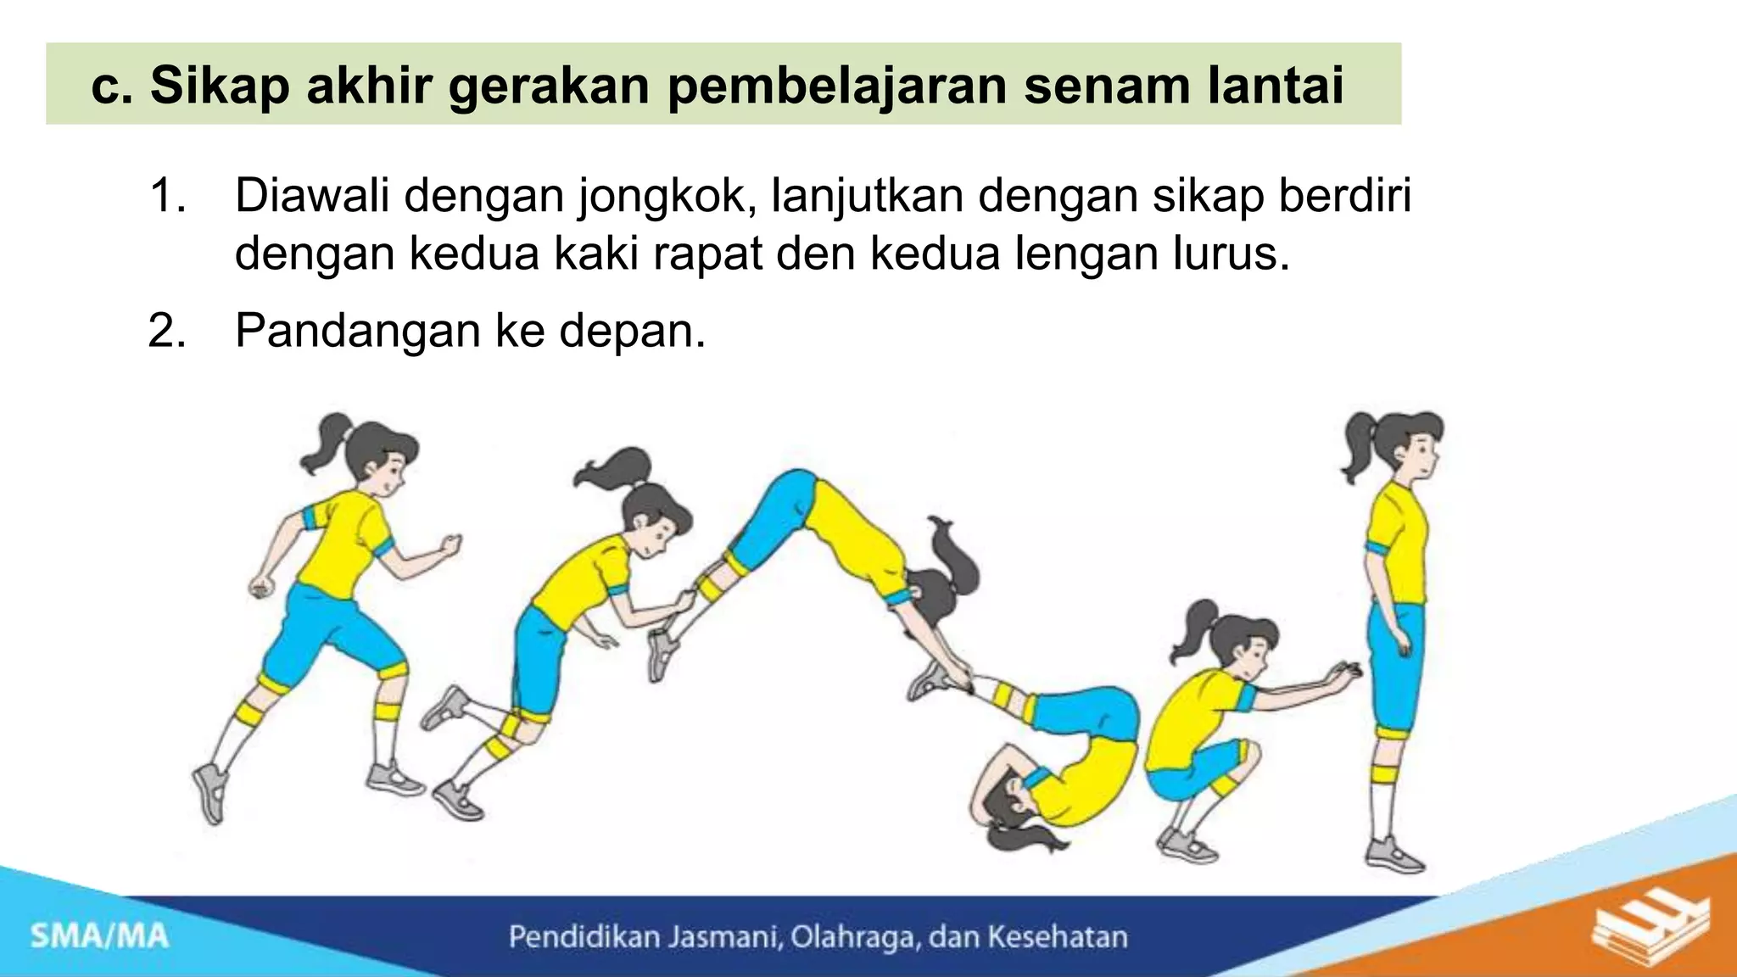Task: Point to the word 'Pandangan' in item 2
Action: (x=355, y=331)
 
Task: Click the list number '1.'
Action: (x=167, y=197)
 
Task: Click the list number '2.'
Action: (x=167, y=331)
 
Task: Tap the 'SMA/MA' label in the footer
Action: (x=100, y=936)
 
